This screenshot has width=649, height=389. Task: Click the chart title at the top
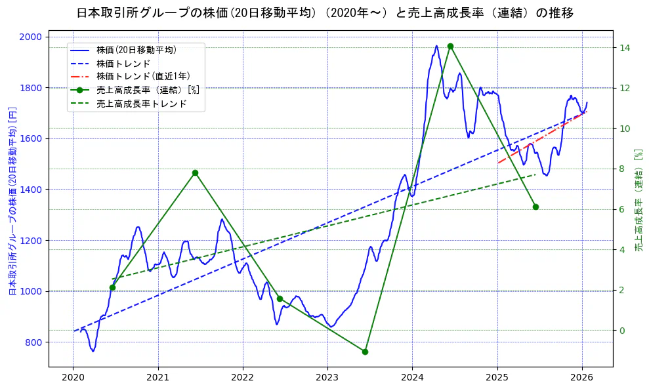pyautogui.click(x=325, y=13)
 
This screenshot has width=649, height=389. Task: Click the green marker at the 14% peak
pyautogui.click(x=450, y=46)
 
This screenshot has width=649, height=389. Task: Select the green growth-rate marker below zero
pyautogui.click(x=365, y=352)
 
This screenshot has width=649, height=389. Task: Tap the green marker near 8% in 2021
pyautogui.click(x=195, y=173)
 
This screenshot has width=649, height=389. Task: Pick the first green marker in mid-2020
pyautogui.click(x=112, y=287)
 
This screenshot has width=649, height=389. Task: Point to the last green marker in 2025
pyautogui.click(x=535, y=207)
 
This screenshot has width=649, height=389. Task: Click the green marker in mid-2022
pyautogui.click(x=280, y=298)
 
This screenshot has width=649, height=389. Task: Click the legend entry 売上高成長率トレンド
pyautogui.click(x=142, y=104)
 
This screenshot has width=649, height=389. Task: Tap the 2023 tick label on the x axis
pyautogui.click(x=327, y=377)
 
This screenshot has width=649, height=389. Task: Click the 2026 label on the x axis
pyautogui.click(x=581, y=377)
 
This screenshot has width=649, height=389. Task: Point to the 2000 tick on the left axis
pyautogui.click(x=33, y=37)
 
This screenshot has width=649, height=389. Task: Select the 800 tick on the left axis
pyautogui.click(x=35, y=342)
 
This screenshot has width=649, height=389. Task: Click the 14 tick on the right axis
pyautogui.click(x=625, y=48)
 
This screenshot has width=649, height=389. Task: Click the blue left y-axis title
pyautogui.click(x=12, y=201)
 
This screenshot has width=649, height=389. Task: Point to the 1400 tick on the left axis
pyautogui.click(x=33, y=190)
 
